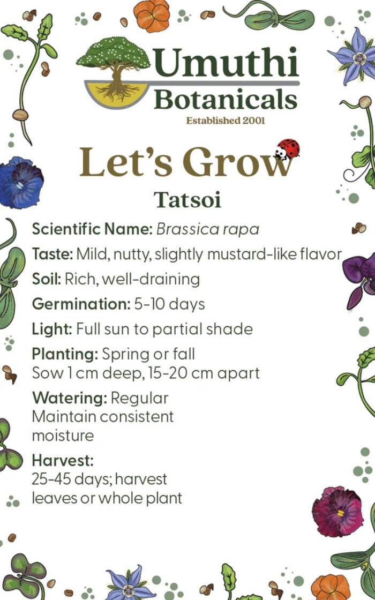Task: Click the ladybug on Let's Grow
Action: tap(288, 149)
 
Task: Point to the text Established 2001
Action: tap(225, 120)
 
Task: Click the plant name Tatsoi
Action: tap(187, 199)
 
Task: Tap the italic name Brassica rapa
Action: tap(208, 229)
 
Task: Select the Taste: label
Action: tap(52, 253)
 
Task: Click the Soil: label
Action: tap(47, 279)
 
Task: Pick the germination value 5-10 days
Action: tap(169, 304)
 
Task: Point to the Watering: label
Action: tap(70, 398)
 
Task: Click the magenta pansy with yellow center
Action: tap(337, 512)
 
